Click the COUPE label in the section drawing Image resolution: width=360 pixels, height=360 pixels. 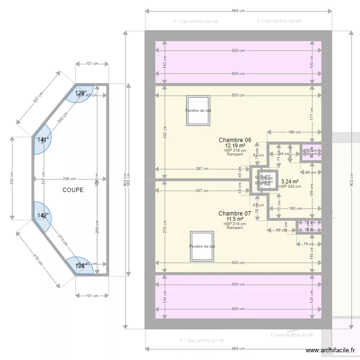point(72,190)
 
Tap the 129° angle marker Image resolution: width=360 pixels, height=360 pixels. point(81,93)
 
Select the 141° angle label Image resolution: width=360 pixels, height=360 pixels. point(43,140)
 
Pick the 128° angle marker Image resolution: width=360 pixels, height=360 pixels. point(80,265)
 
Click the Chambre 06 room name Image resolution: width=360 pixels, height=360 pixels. point(235,140)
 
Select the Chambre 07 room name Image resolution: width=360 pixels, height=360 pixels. point(235,214)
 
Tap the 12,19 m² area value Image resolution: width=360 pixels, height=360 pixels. point(235,145)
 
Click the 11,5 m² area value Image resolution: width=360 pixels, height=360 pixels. point(235,219)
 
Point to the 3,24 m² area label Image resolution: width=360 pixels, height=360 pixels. point(289,182)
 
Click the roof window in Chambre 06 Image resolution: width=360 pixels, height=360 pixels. point(199,110)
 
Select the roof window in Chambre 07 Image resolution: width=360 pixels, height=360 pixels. point(202,246)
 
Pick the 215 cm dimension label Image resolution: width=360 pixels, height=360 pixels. point(37,260)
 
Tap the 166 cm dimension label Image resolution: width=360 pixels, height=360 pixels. point(294,132)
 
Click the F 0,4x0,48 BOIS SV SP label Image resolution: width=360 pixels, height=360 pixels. point(292,335)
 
